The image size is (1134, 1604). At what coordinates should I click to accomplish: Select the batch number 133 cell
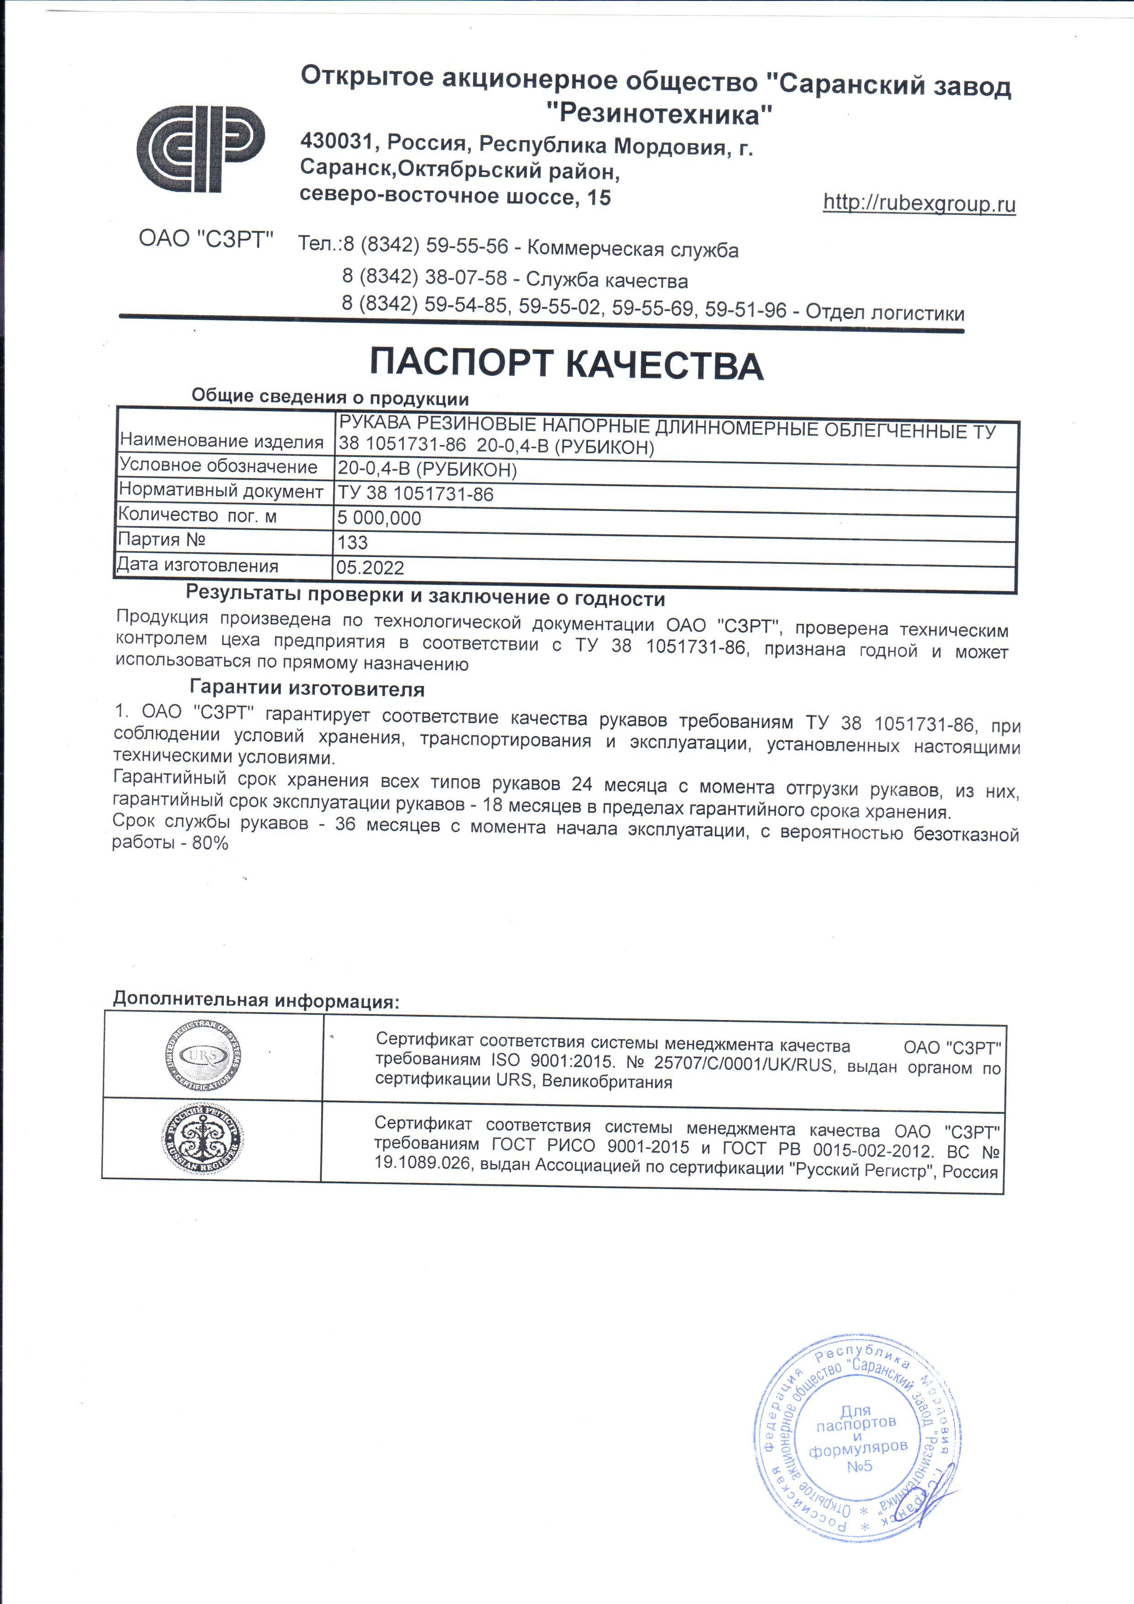[353, 542]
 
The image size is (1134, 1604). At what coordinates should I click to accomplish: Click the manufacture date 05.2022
[371, 567]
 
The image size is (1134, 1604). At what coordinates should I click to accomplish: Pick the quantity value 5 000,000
[379, 518]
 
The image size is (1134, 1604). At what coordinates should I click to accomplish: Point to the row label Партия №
[161, 539]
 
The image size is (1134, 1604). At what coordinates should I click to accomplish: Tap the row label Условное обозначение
[218, 466]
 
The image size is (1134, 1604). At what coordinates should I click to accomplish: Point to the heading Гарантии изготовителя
[307, 689]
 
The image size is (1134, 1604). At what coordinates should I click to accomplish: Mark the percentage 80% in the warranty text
[210, 843]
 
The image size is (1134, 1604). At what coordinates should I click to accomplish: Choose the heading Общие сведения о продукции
[330, 397]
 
